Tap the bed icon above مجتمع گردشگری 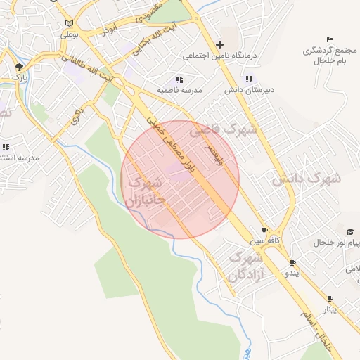[x=330, y=39]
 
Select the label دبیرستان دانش [x=243, y=91]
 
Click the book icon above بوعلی [x=68, y=22]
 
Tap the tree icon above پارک [x=19, y=67]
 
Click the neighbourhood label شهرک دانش [x=307, y=178]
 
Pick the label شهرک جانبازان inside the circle [x=146, y=192]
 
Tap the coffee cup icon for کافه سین [x=265, y=230]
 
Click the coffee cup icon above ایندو [x=293, y=262]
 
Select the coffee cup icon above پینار [x=329, y=298]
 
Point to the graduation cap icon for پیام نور [x=349, y=231]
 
